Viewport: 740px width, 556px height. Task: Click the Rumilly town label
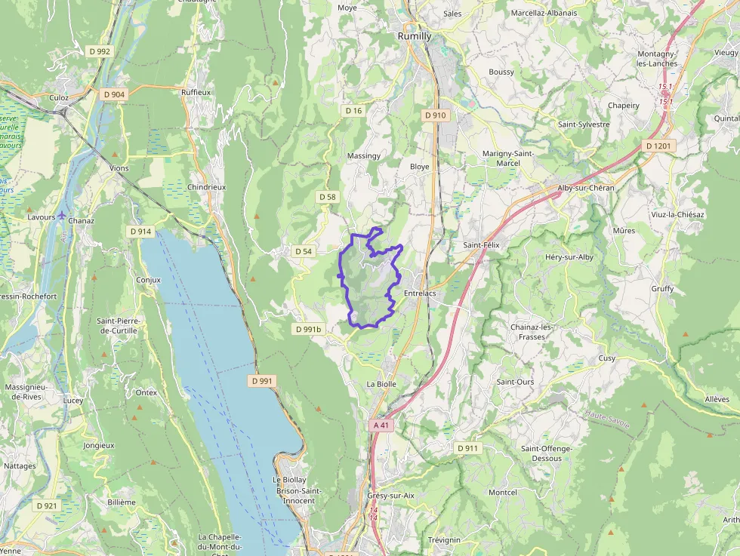(x=415, y=35)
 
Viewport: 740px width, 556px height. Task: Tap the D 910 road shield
(x=436, y=115)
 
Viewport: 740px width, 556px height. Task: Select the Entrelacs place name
(x=421, y=293)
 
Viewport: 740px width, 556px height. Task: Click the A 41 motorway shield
(x=382, y=425)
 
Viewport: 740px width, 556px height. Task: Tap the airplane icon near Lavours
(x=61, y=217)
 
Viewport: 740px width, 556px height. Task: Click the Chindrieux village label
(x=207, y=187)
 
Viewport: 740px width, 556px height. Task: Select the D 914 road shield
(x=141, y=232)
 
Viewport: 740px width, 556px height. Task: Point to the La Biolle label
(x=381, y=384)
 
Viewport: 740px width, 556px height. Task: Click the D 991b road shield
(x=308, y=330)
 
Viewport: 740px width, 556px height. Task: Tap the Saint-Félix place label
(x=482, y=245)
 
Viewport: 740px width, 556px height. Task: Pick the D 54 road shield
(x=304, y=251)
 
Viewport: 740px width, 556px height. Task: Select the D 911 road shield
(x=468, y=448)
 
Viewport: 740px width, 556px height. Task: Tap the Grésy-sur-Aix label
(x=391, y=496)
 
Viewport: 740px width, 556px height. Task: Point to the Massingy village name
(x=363, y=155)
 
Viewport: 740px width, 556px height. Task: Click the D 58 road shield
(x=327, y=197)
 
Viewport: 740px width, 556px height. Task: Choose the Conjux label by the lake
(x=149, y=280)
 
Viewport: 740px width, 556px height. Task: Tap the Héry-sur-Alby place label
(x=569, y=257)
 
